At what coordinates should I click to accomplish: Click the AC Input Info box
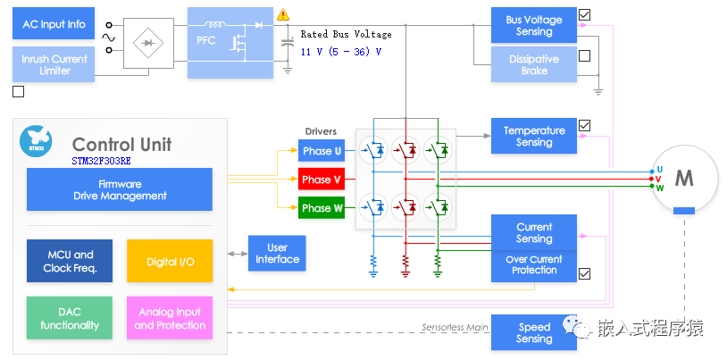[x=54, y=24]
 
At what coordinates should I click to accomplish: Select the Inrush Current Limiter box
[x=54, y=65]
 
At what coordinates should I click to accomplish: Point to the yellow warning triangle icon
[x=283, y=14]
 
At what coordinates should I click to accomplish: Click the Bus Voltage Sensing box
[x=534, y=25]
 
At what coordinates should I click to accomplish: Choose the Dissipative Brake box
[x=534, y=65]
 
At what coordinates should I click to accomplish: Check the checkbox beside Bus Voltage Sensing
[x=584, y=14]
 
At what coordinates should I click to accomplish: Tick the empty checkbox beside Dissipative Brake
[x=584, y=56]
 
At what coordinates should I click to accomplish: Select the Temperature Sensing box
[x=534, y=136]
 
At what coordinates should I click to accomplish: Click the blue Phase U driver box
[x=322, y=151]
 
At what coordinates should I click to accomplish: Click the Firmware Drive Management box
[x=120, y=189]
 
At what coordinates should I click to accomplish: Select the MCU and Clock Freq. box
[x=70, y=261]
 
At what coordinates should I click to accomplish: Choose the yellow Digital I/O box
[x=170, y=261]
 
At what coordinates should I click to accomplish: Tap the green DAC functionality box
[x=70, y=318]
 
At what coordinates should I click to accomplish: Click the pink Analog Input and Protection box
[x=170, y=318]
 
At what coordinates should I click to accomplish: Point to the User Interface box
[x=277, y=253]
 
